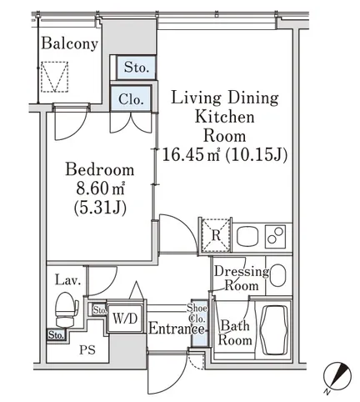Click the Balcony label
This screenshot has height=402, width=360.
point(69,44)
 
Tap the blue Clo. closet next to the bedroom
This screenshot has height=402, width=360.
point(131,99)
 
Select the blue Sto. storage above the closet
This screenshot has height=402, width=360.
point(136,68)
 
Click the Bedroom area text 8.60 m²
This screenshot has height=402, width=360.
point(100,189)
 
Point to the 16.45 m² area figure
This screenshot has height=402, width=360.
point(191,154)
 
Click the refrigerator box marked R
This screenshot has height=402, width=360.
point(216,235)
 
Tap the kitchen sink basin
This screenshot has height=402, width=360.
point(248,236)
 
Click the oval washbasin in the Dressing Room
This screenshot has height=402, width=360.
point(277,275)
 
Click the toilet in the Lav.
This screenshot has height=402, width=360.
point(66,309)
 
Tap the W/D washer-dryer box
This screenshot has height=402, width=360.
point(125,319)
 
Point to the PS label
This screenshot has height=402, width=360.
point(87,349)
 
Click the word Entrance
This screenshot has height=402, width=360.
point(177,329)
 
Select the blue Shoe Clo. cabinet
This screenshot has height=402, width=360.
point(199,324)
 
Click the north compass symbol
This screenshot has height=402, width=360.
point(337,376)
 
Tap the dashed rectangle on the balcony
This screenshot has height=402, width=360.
point(54,77)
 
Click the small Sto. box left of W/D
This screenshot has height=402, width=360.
point(99,310)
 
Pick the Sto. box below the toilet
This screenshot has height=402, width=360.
point(56,335)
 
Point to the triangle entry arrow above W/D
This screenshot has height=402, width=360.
point(136,290)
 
